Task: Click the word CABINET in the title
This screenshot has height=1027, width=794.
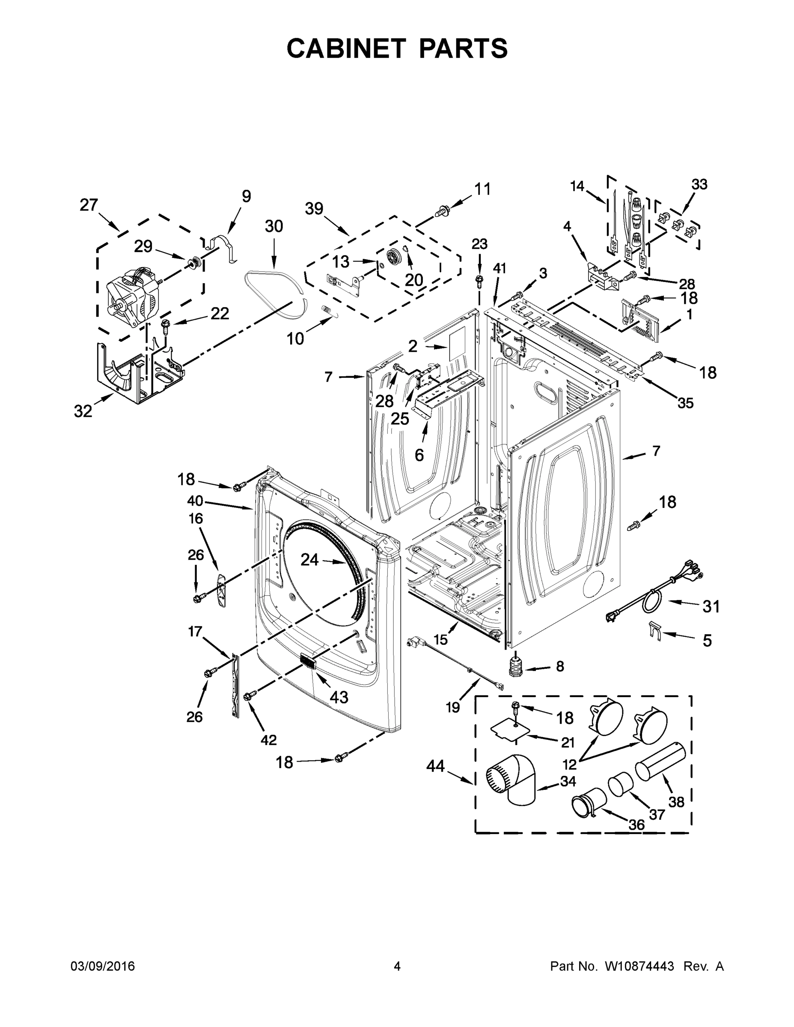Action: [346, 48]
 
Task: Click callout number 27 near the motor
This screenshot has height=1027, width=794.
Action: [89, 205]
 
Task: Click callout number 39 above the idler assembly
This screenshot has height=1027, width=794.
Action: [314, 209]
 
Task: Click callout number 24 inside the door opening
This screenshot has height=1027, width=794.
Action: [309, 560]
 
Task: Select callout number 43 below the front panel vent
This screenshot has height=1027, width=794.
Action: [339, 697]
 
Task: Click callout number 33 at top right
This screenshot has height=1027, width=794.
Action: [699, 184]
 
